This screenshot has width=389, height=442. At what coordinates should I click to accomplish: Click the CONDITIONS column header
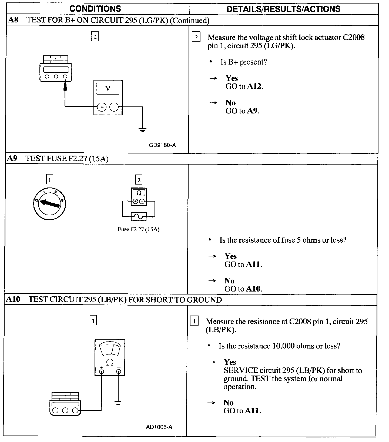95,9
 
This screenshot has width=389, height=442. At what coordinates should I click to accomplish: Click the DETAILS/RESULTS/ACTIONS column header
283,9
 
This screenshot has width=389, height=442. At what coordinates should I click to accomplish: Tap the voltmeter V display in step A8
108,88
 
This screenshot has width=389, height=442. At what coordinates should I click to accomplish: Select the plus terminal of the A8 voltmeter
102,107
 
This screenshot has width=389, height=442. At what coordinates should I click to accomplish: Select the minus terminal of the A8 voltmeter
114,107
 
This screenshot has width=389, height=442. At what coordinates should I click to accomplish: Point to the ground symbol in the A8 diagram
142,130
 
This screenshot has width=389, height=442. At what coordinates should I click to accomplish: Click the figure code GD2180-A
162,145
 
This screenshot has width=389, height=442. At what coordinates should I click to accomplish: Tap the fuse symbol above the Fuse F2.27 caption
139,216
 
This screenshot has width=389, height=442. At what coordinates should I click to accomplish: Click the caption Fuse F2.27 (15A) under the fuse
139,229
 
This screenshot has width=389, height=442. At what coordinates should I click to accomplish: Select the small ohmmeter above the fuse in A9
139,197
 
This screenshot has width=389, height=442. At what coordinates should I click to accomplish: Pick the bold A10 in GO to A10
253,289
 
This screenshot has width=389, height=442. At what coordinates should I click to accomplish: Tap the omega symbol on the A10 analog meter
110,362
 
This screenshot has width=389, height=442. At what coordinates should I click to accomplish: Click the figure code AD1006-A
159,427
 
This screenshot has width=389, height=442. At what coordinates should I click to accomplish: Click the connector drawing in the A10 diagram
65,404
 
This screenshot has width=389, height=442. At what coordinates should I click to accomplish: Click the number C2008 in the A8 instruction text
354,37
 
